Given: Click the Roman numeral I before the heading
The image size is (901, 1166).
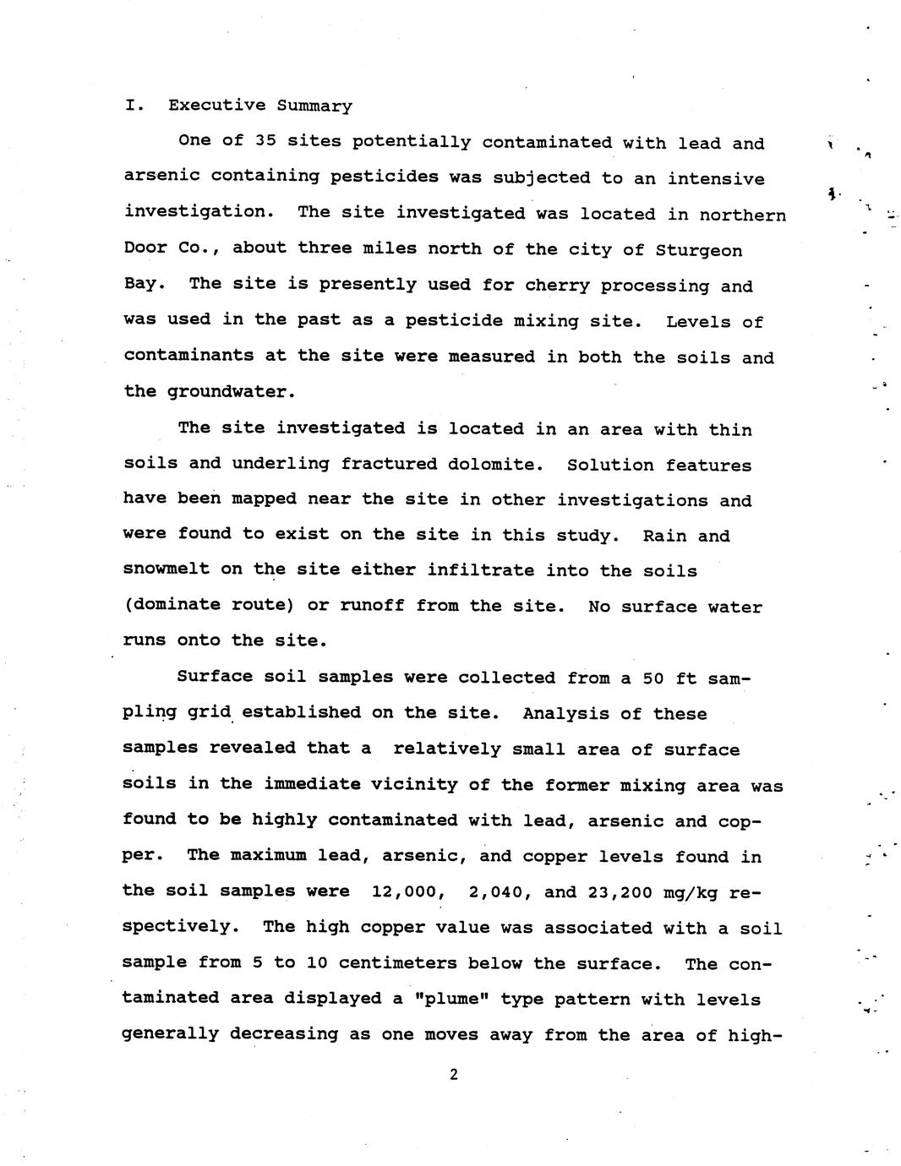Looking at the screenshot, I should click(130, 106).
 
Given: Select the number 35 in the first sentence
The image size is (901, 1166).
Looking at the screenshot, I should click(265, 142).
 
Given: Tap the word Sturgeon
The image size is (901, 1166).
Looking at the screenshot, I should click(699, 250).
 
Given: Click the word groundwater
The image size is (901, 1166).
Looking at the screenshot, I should click(232, 392).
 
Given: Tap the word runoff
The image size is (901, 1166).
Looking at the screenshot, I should click(372, 606).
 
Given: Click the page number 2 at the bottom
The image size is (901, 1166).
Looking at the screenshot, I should click(454, 1075).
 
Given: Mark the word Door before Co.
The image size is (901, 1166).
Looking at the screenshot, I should click(145, 249).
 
